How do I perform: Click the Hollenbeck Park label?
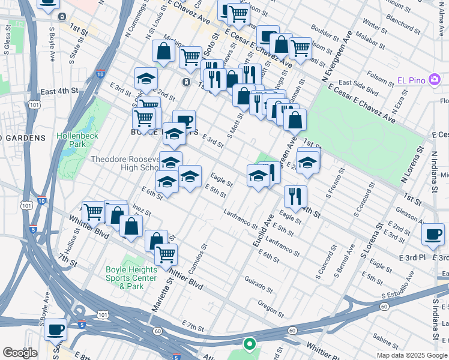click(76, 140)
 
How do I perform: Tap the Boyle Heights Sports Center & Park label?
click(131, 278)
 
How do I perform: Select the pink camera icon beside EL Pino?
click(434, 80)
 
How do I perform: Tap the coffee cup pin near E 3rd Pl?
click(433, 235)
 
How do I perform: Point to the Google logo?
click(20, 353)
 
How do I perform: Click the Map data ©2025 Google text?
click(412, 355)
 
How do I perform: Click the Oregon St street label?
click(270, 307)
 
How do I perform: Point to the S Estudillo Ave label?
click(407, 295)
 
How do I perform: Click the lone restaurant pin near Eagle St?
click(295, 196)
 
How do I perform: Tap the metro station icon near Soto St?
click(187, 82)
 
